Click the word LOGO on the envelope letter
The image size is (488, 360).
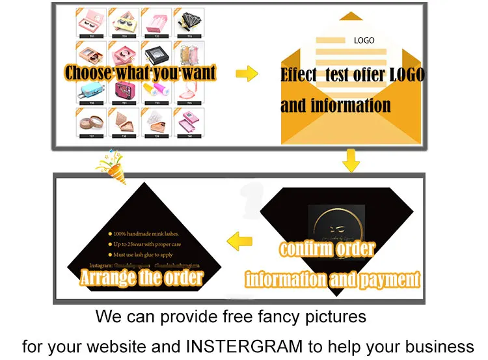tap(364, 40)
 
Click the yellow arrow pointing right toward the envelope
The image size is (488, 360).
tap(246, 74)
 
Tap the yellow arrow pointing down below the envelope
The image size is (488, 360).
tap(351, 160)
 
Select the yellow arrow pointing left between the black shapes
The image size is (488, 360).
tap(243, 238)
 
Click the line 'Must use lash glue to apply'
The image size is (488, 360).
tap(143, 255)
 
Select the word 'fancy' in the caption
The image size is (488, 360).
tap(269, 317)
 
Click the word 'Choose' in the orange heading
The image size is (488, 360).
tap(88, 72)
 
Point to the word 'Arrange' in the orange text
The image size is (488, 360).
tap(106, 278)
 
